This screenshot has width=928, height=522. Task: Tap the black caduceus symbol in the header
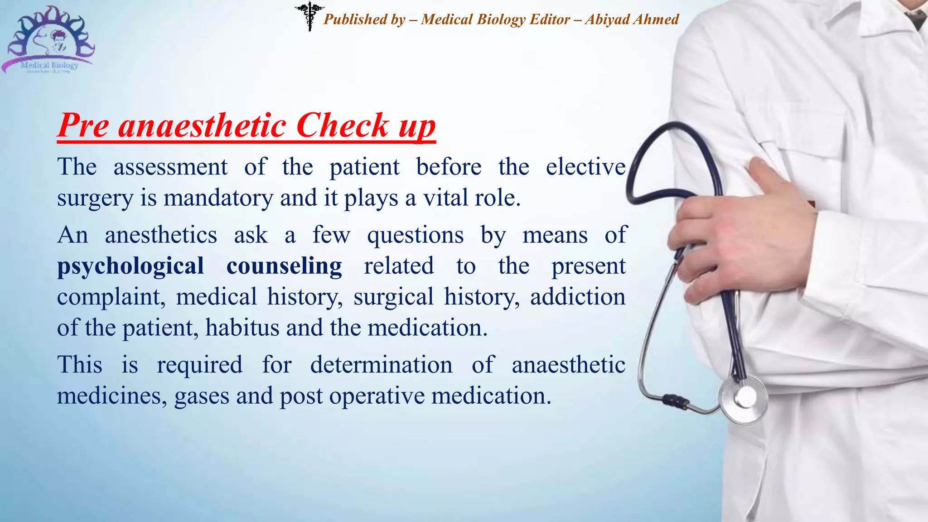(x=309, y=16)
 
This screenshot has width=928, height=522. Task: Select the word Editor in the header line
(x=550, y=19)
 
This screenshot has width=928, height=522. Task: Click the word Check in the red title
(x=343, y=125)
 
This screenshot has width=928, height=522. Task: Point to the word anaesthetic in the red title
(x=202, y=125)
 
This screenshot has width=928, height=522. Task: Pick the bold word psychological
(x=130, y=266)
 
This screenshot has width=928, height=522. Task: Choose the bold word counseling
(x=284, y=266)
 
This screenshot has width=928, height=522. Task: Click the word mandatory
(x=218, y=198)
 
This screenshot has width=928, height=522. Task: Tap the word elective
(x=585, y=167)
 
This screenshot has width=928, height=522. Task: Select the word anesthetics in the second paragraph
(x=161, y=235)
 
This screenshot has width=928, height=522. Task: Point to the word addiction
(x=578, y=297)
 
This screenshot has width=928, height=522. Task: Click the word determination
(x=381, y=365)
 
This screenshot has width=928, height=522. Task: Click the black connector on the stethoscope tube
(x=675, y=401)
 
